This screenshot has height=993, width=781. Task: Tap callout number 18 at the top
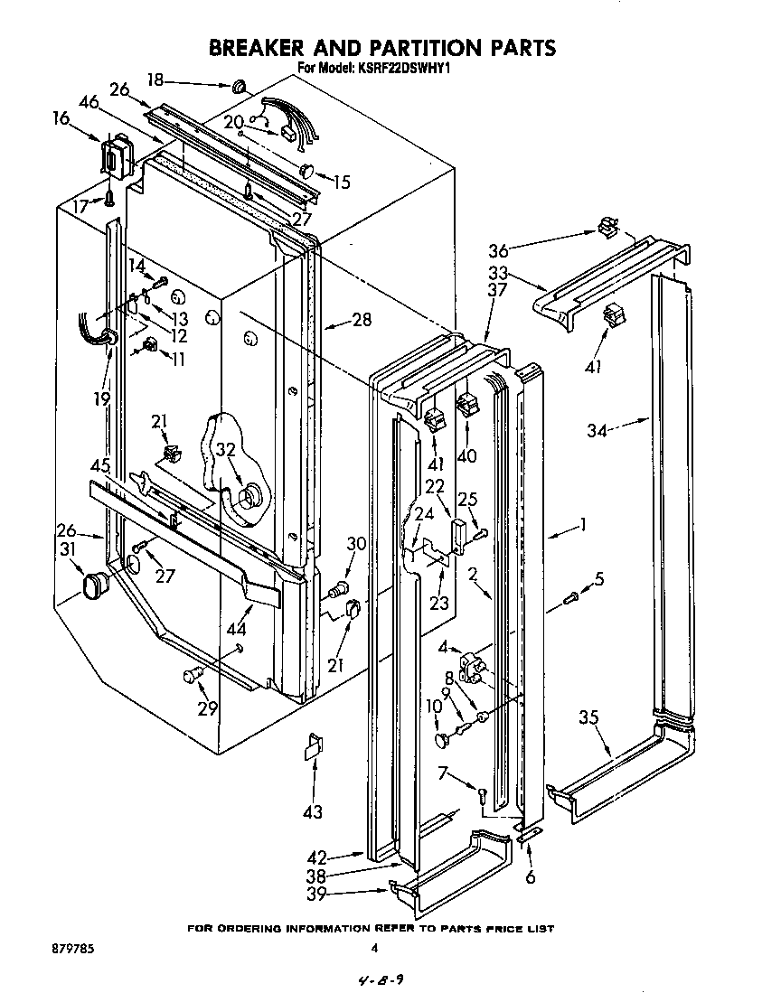(155, 80)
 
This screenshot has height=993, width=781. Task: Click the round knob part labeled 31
(95, 586)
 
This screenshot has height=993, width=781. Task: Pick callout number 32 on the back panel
(225, 450)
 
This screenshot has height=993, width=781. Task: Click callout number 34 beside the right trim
(597, 431)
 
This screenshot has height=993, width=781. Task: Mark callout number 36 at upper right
(499, 252)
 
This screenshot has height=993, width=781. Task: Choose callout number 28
(362, 321)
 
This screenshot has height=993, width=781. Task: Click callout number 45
(100, 467)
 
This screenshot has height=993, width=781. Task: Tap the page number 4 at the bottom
(373, 948)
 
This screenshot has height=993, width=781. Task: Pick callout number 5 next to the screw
(598, 578)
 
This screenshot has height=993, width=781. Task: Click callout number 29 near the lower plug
(207, 708)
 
